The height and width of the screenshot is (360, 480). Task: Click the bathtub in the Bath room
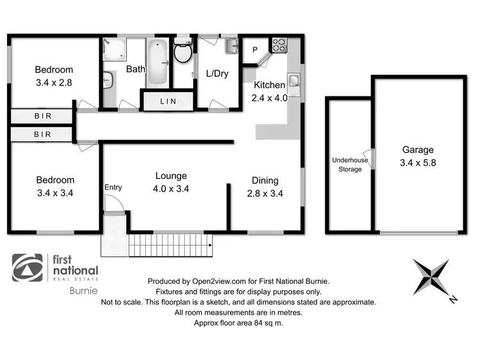(157, 64)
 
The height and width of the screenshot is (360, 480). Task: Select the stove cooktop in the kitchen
(280, 45)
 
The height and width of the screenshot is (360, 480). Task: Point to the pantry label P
(254, 50)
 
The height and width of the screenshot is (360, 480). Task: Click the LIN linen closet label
(168, 102)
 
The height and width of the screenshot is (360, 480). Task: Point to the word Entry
(113, 187)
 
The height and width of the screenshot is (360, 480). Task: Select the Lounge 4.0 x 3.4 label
(170, 182)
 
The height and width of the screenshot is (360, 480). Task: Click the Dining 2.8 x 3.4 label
(264, 186)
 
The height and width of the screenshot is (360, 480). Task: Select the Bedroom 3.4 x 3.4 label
(54, 186)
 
